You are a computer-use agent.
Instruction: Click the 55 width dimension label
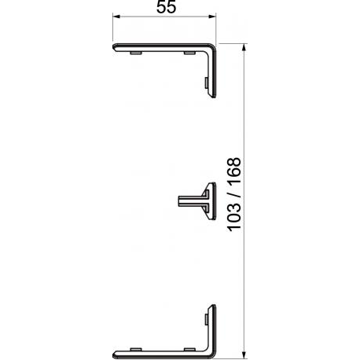coord(167,7)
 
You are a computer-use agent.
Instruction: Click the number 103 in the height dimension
coord(234,215)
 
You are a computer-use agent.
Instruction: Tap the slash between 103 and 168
coord(234,194)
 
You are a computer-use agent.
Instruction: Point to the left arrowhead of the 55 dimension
coord(116,17)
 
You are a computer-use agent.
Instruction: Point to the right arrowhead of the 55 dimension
coord(212,17)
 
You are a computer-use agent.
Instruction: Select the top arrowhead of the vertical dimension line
coord(244,47)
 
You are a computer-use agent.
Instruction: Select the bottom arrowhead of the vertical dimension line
coord(244,354)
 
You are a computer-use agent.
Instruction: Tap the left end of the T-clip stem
coord(178,201)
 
